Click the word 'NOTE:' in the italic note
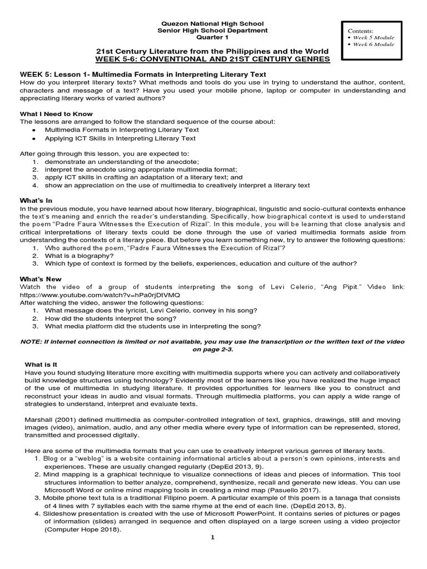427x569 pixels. [x=32, y=341]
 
